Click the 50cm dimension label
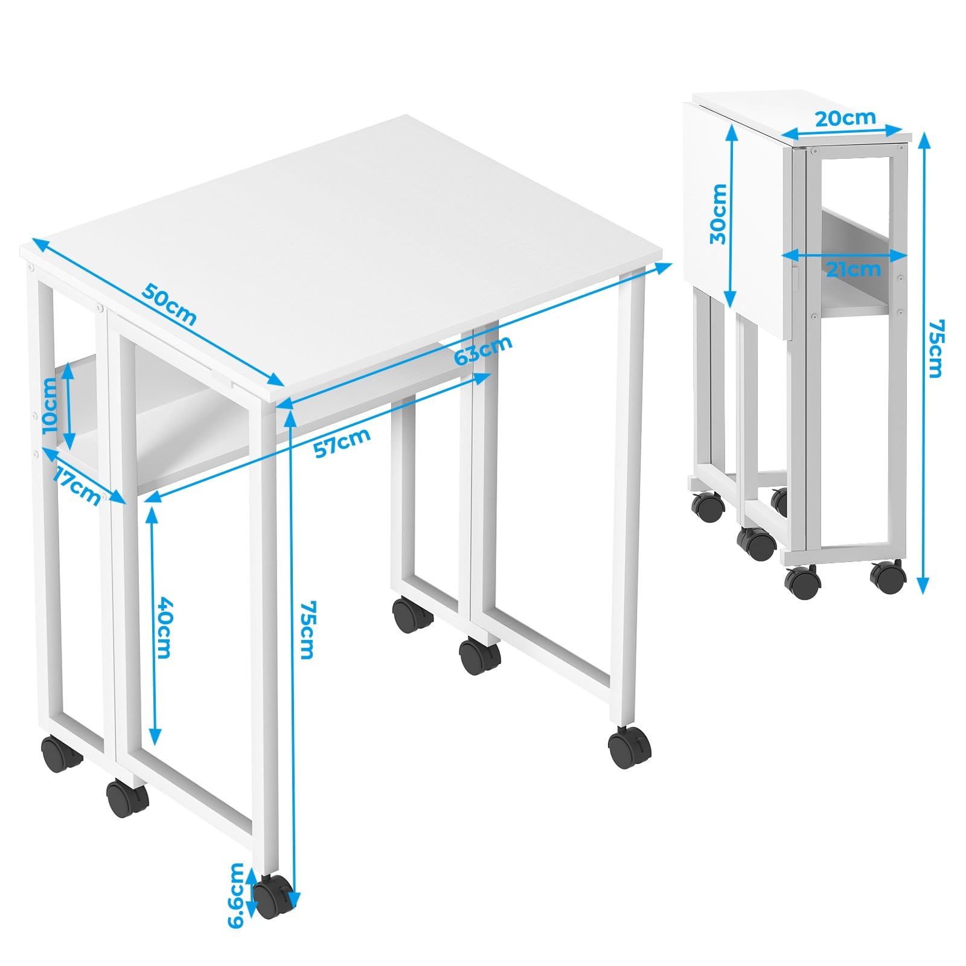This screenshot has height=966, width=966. tap(170, 304)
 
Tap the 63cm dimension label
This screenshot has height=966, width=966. tap(483, 350)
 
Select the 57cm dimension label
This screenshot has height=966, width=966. tap(342, 443)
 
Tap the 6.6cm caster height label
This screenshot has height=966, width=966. tap(237, 895)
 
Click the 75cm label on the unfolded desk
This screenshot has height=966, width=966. tap(307, 629)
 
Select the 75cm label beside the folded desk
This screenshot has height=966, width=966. tap(935, 349)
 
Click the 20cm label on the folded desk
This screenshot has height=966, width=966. tap(845, 118)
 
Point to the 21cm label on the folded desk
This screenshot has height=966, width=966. tap(853, 269)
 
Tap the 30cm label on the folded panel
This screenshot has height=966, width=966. tap(718, 214)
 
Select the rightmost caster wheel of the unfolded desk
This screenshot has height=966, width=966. tap(630, 747)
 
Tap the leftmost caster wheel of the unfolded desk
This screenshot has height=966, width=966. tap(60, 753)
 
